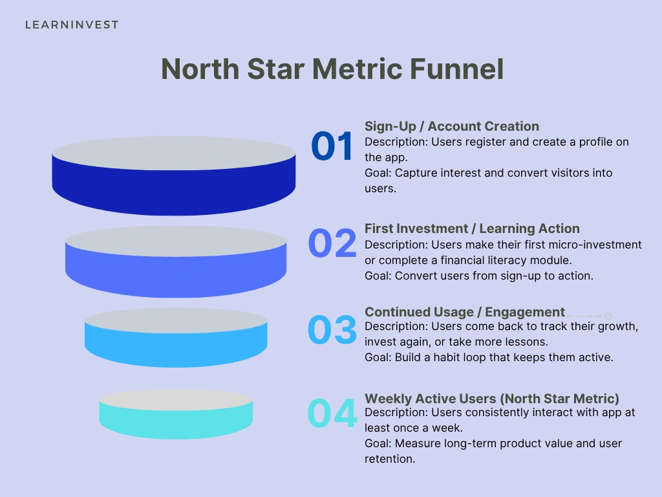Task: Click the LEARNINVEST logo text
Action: click(x=72, y=25)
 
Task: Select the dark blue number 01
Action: click(x=332, y=146)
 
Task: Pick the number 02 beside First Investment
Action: click(x=332, y=243)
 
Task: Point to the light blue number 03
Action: click(x=332, y=329)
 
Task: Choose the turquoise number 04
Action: click(x=332, y=414)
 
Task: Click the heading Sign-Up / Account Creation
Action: click(x=452, y=126)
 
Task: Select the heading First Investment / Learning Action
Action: click(x=472, y=228)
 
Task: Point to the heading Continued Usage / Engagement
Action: click(x=465, y=313)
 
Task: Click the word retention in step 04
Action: click(x=389, y=459)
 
